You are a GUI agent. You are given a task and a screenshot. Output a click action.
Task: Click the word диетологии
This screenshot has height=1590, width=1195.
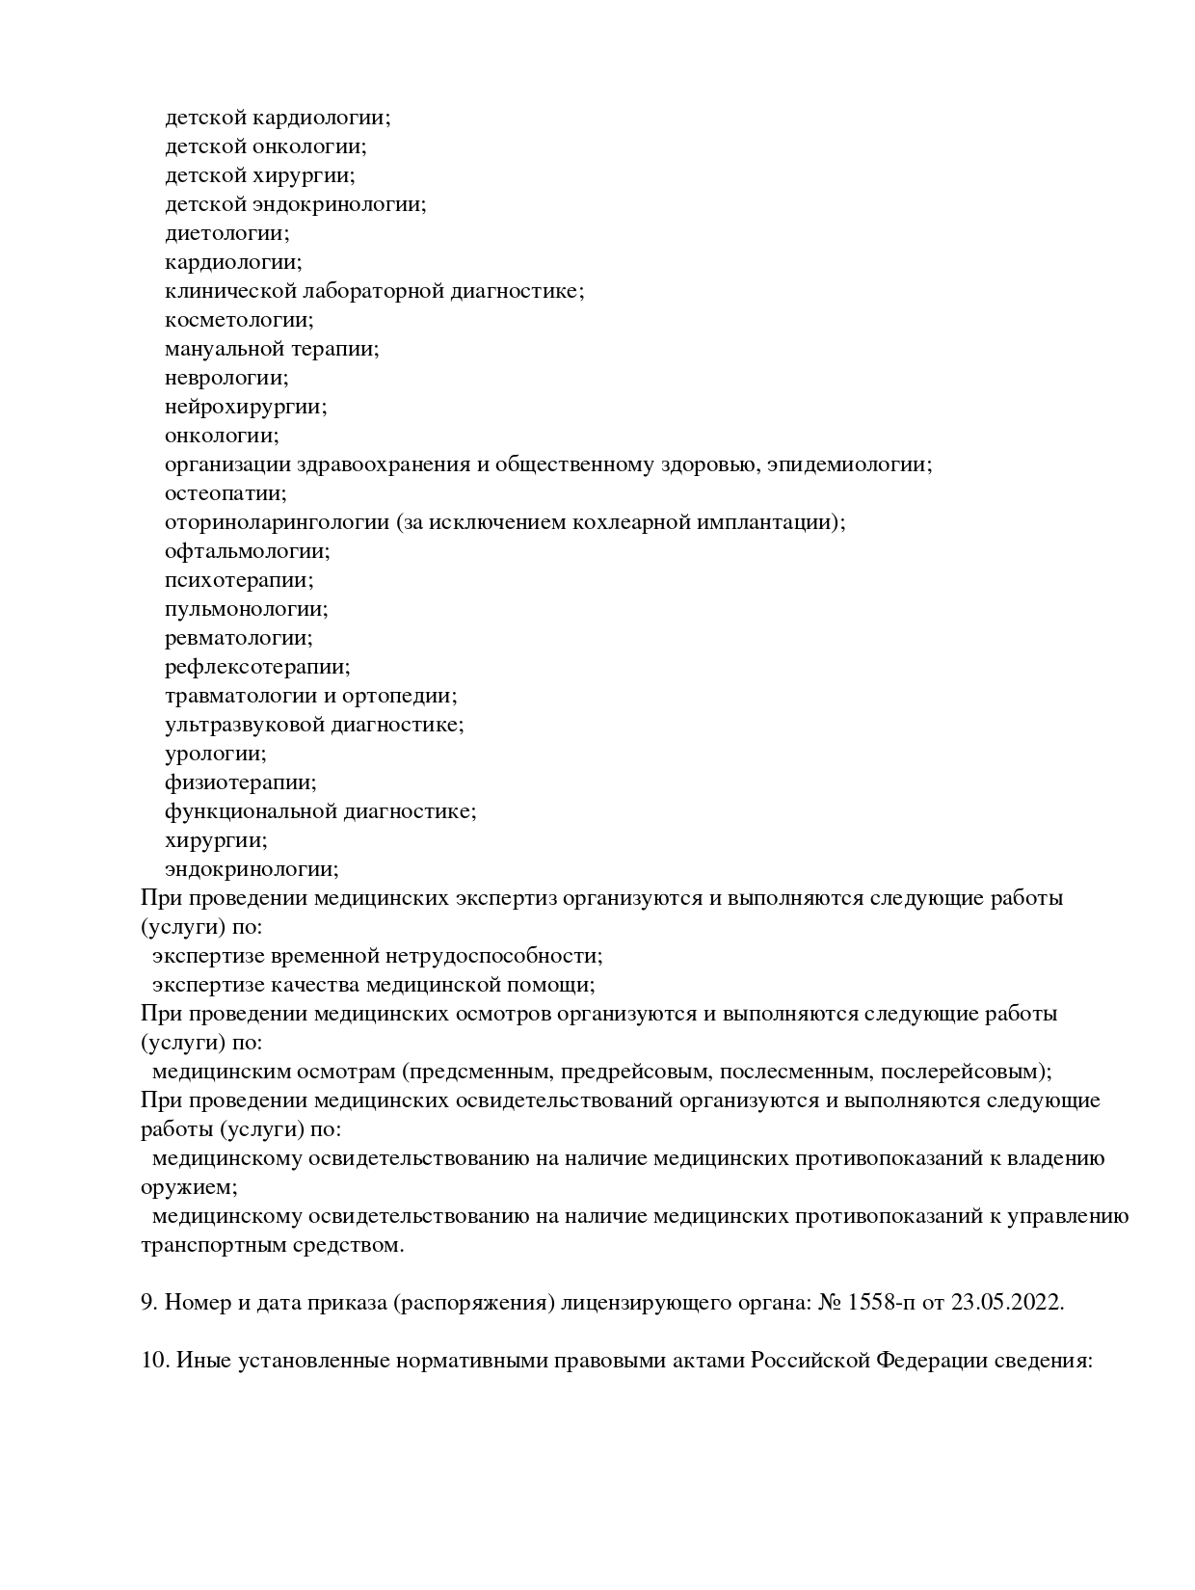(226, 233)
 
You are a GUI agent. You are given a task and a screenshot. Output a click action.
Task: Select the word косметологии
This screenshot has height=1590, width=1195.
(238, 320)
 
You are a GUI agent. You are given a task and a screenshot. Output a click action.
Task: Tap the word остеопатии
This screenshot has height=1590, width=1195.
(225, 493)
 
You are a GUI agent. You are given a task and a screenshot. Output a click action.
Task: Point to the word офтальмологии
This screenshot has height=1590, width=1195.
(246, 551)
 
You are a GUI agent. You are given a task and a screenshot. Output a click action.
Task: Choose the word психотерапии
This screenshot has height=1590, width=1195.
(238, 580)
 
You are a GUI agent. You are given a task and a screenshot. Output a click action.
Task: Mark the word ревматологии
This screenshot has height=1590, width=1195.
(238, 638)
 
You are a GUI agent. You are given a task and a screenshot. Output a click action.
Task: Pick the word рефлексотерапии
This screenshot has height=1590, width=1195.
(256, 667)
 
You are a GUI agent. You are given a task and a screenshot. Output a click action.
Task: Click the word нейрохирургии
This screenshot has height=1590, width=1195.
(245, 407)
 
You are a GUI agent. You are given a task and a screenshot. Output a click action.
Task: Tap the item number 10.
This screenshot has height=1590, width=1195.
(154, 1361)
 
